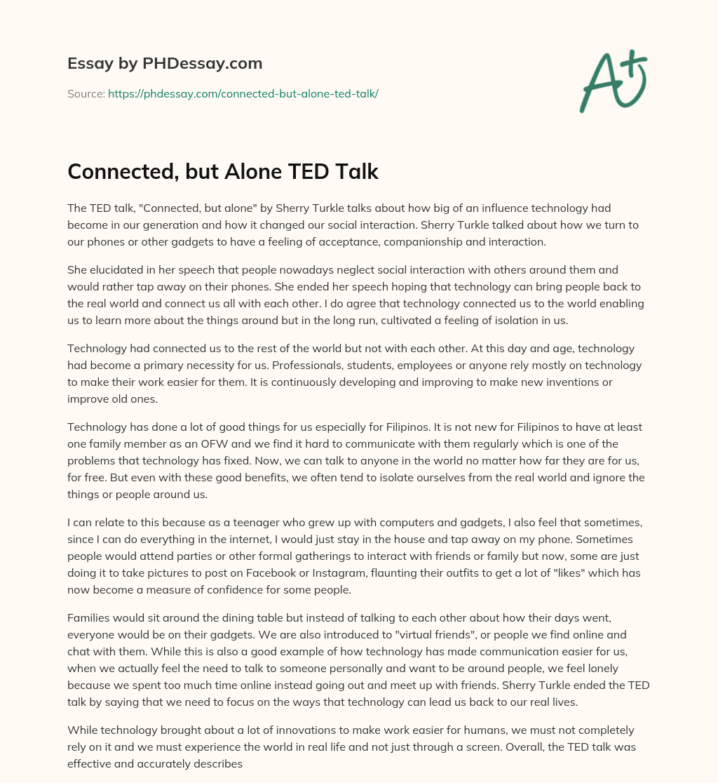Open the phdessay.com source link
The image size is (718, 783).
click(x=243, y=93)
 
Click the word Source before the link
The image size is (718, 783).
click(x=86, y=93)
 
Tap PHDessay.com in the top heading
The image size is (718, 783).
click(x=202, y=63)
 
